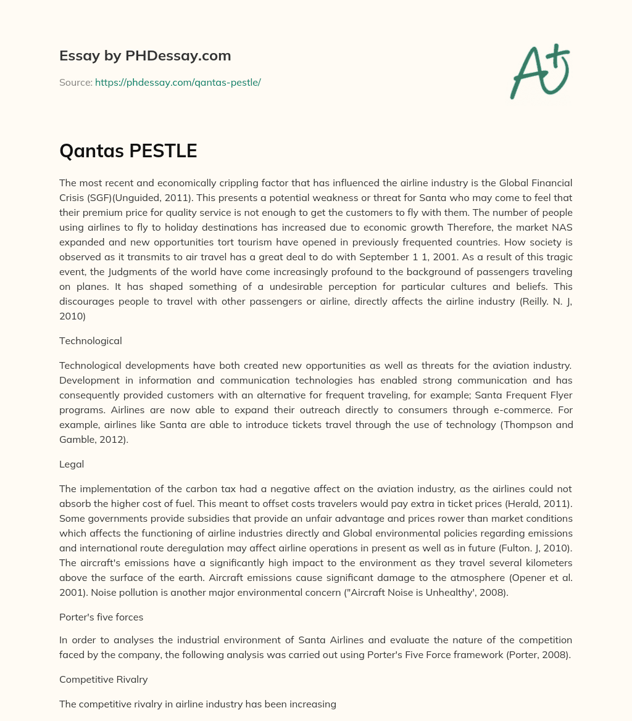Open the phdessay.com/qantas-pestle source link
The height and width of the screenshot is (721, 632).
tap(178, 82)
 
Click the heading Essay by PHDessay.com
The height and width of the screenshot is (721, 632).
tap(145, 56)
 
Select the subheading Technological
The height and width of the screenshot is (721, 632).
tap(90, 340)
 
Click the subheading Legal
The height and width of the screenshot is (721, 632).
tap(72, 463)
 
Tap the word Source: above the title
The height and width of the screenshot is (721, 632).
tap(76, 82)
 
